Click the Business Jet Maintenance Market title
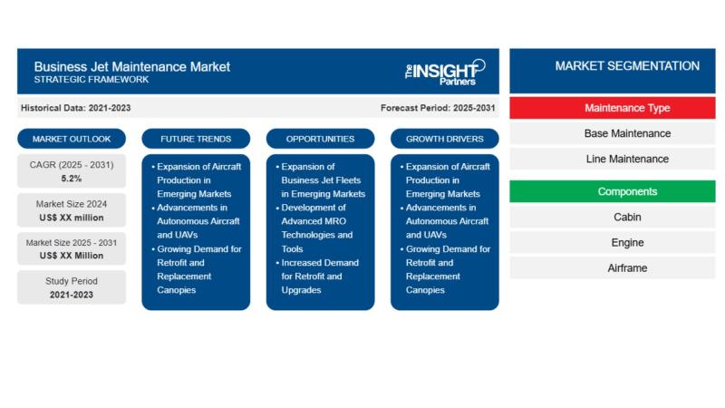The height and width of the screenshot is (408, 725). tap(132, 66)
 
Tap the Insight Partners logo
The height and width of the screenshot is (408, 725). tap(444, 71)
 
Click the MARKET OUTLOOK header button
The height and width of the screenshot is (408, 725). tap(72, 139)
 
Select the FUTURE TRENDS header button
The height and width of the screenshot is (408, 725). tap(196, 139)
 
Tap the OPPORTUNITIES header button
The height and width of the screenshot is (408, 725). tap(320, 139)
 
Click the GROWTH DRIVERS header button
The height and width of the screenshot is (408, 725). tap(444, 139)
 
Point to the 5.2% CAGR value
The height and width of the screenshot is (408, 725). tap(72, 179)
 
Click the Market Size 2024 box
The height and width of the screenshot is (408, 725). tap(72, 210)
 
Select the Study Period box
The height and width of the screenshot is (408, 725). tap(72, 287)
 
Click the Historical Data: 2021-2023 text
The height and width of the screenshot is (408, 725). tap(76, 108)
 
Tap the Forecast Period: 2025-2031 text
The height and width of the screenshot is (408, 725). tap(438, 108)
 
